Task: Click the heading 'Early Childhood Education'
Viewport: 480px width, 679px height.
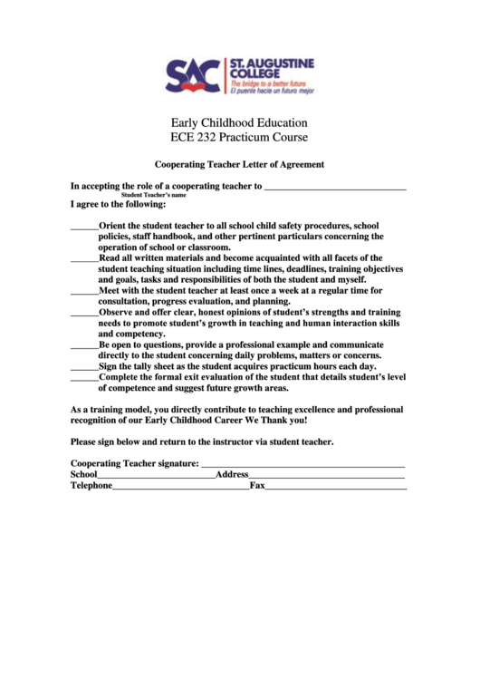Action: [239, 122]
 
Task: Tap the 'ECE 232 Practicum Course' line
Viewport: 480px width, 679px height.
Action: [239, 138]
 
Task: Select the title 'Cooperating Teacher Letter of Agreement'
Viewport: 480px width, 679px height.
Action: [239, 165]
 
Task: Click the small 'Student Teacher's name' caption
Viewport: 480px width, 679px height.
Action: [154, 195]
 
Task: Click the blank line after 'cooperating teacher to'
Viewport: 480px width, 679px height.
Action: [335, 189]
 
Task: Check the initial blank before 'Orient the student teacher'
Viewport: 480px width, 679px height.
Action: [84, 228]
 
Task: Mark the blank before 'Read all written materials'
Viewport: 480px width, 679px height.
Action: [84, 259]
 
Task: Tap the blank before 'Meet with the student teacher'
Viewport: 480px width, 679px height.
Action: [84, 292]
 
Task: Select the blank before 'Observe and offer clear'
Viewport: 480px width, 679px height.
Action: [84, 314]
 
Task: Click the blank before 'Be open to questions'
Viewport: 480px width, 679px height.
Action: [84, 346]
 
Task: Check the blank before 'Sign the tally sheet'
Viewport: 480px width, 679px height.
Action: [84, 368]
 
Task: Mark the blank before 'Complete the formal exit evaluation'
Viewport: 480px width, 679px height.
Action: [84, 379]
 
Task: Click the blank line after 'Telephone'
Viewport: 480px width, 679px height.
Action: [181, 488]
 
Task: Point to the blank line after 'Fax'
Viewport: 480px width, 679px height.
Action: [336, 488]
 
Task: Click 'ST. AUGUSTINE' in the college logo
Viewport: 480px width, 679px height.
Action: [271, 64]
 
